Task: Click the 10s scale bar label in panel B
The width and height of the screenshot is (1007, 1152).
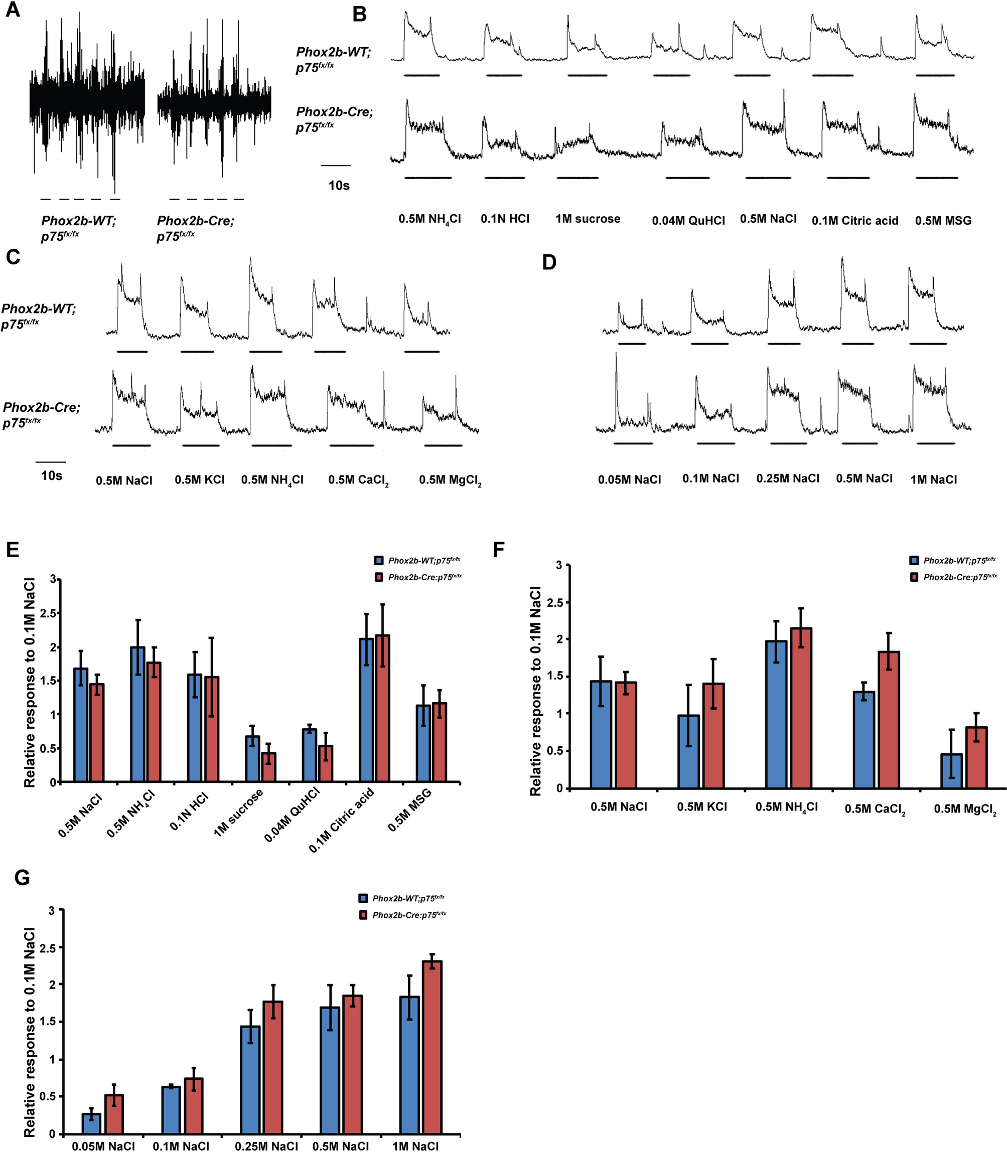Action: (339, 186)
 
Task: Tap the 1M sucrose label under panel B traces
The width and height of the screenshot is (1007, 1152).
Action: (588, 219)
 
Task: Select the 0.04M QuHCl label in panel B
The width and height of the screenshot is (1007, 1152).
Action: (688, 221)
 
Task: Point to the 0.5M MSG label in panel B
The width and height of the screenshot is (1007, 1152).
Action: (943, 221)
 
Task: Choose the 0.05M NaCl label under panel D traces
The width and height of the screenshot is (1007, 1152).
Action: (629, 479)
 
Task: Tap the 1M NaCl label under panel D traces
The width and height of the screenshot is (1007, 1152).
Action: (933, 479)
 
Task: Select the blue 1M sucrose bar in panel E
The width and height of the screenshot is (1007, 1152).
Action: (253, 759)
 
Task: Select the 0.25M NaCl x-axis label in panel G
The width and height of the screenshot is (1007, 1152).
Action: (266, 1146)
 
